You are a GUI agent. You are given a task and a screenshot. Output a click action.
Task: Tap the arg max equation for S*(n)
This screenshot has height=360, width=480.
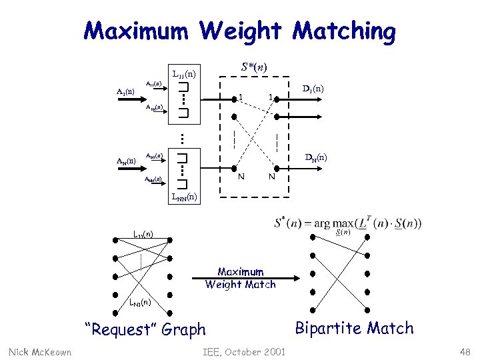347,223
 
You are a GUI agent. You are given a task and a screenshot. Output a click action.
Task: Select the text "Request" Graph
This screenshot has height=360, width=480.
145,329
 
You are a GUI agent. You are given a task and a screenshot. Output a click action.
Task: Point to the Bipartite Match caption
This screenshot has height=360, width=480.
354,328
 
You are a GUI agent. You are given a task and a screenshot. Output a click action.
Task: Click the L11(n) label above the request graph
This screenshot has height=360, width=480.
142,235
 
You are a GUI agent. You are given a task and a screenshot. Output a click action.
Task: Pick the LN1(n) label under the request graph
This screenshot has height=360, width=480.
141,303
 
